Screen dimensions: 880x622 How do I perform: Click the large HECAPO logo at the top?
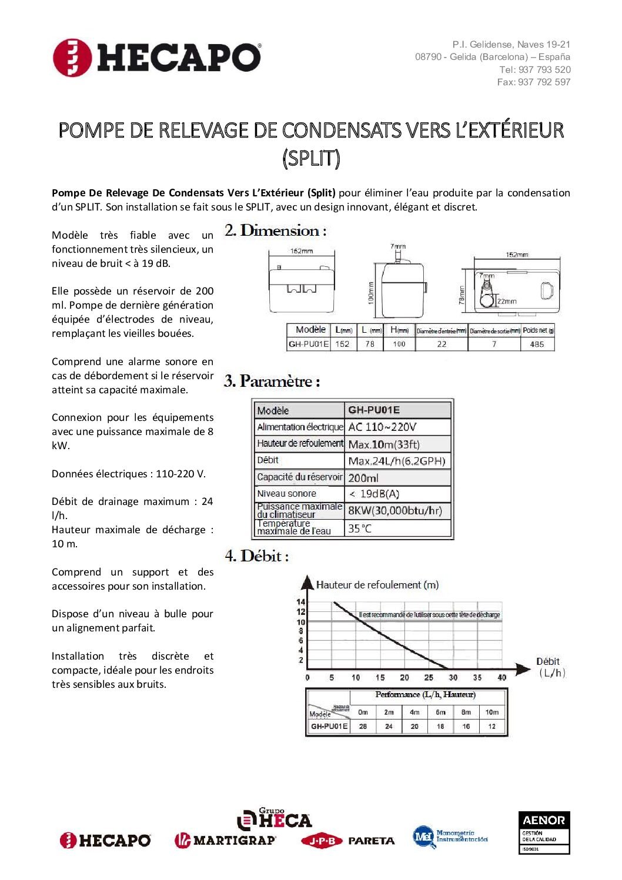pos(157,58)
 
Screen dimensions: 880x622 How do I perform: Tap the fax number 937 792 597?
pos(544,82)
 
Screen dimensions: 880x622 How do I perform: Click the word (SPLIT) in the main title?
pos(311,158)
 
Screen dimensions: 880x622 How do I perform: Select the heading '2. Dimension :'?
pos(275,230)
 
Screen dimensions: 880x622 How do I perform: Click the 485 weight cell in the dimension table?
pos(537,344)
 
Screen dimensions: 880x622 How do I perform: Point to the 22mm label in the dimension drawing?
pos(507,301)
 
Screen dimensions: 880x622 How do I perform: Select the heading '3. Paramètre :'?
pos(272,382)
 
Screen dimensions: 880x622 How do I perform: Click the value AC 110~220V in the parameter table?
pos(382,427)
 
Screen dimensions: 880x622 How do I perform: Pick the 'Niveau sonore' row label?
pos(286,494)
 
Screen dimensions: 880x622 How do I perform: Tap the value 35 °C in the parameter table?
pos(360,528)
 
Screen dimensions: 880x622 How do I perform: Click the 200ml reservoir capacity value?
pos(363,478)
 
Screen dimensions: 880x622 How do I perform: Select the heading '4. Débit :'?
pos(256,556)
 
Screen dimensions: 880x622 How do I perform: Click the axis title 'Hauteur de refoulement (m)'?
pos(377,585)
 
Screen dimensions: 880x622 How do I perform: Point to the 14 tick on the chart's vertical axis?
pos(301,602)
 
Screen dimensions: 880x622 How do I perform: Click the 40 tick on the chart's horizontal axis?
pos(501,677)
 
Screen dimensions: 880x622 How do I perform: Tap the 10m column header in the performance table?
pos(491,712)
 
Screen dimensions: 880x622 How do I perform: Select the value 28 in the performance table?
pos(363,727)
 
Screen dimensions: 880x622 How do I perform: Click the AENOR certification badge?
pos(544,832)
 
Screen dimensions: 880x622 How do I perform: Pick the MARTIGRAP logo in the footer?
pos(225,841)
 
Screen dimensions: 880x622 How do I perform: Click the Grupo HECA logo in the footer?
pos(275,819)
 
